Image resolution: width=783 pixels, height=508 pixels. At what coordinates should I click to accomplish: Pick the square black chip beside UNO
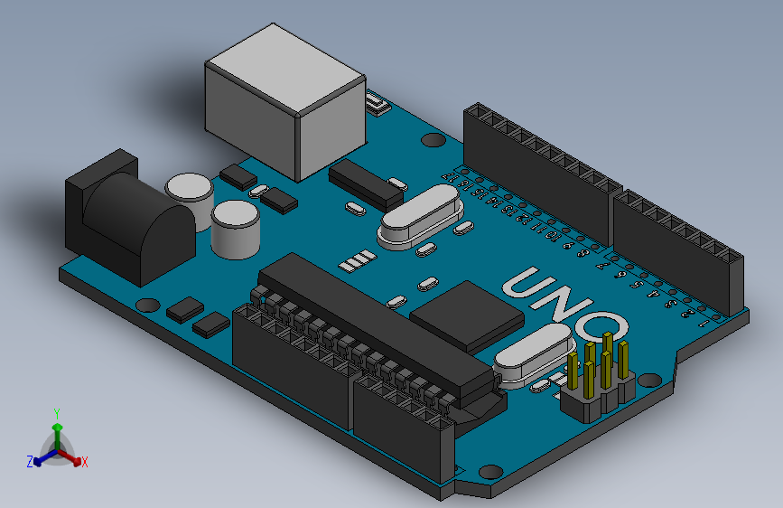(x=467, y=315)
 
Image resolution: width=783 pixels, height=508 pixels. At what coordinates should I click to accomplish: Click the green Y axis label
(x=57, y=412)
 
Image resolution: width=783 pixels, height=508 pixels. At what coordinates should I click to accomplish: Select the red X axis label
(x=85, y=463)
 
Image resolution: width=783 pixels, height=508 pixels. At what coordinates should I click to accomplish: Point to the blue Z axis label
(x=29, y=462)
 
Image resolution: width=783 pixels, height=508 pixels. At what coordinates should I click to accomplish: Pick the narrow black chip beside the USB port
(x=366, y=183)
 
